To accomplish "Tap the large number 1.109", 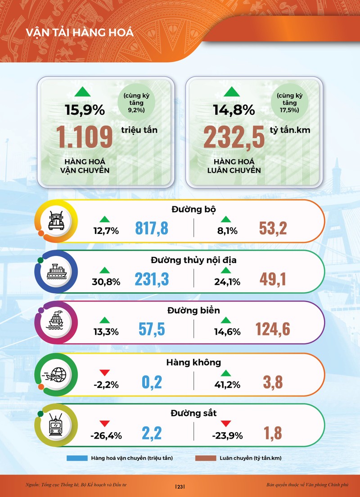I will (84, 137).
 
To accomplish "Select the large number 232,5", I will (234, 137).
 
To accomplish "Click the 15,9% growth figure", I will (85, 109).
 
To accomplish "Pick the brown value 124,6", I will (273, 330).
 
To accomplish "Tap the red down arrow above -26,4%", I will (105, 424).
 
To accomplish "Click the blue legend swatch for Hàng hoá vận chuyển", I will (77, 458).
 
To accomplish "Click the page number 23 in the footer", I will (180, 487).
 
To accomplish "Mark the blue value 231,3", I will (152, 279).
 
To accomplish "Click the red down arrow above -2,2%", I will (105, 372).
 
